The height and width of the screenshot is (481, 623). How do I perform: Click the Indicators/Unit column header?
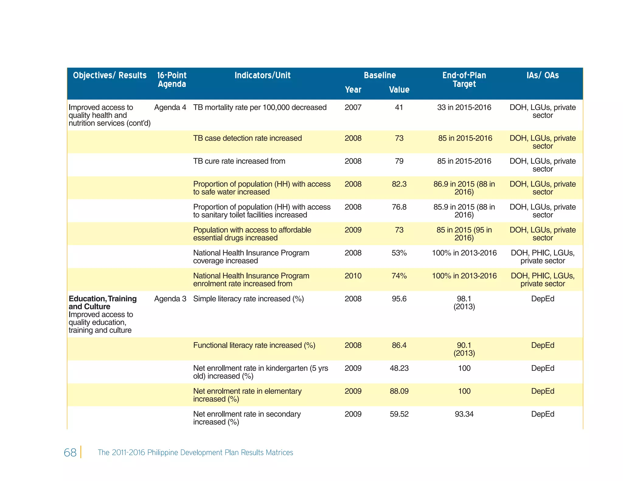point(262,75)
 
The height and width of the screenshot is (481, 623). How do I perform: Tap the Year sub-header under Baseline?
point(353,90)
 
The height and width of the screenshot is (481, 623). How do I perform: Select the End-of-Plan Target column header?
point(464,80)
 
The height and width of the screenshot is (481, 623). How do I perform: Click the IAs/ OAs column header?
point(542,75)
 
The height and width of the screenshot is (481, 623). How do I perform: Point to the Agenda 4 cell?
point(170,107)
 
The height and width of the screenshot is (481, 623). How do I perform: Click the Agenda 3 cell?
point(170,299)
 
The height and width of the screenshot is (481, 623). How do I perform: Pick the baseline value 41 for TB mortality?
point(399,107)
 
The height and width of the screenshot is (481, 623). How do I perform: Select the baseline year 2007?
point(353,107)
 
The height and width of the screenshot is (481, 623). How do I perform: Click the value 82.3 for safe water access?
point(399,184)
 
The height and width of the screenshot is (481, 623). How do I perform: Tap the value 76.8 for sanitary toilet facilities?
point(399,207)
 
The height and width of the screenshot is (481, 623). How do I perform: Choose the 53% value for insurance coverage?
point(399,253)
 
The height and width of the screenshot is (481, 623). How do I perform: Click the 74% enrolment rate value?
point(399,276)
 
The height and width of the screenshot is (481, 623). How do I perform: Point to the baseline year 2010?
point(353,276)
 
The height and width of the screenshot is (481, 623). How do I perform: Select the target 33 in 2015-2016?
point(464,107)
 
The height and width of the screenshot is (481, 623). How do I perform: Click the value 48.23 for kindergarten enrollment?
point(399,368)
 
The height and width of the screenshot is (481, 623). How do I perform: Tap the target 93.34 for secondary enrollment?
point(464,414)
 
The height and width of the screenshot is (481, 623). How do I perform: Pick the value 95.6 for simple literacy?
point(399,299)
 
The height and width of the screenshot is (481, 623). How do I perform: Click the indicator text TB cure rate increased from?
point(239,161)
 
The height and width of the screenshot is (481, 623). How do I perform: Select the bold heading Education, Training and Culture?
point(103,303)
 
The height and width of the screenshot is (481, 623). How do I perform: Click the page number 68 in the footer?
point(70,452)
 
